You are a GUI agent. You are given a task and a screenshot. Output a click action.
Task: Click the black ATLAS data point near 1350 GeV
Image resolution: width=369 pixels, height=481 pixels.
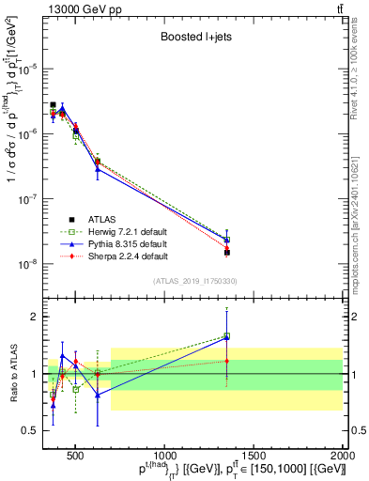click(x=227, y=252)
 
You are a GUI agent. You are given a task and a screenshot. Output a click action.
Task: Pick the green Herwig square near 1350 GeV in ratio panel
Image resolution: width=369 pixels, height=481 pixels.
click(x=227, y=335)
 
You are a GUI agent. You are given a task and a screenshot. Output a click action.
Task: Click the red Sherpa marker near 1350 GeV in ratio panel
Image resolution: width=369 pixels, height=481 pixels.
click(x=227, y=361)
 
